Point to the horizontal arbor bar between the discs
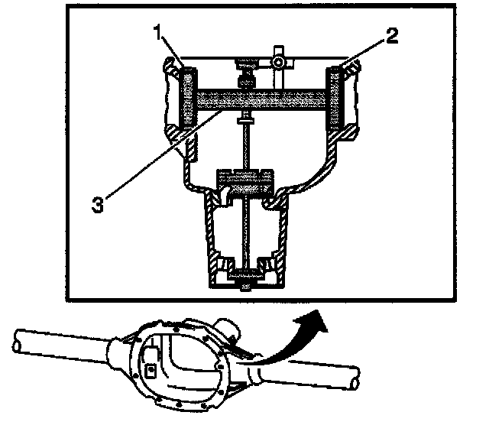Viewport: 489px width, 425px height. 260,99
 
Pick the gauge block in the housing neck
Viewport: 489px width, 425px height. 245,180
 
